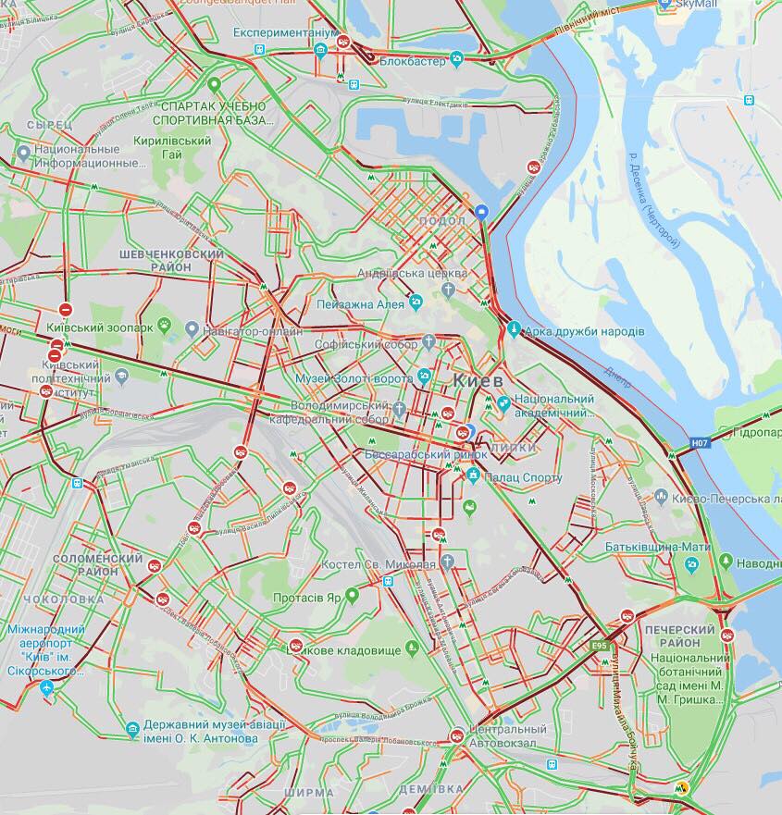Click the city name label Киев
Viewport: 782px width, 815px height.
click(x=478, y=380)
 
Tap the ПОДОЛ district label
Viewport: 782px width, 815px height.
click(x=442, y=221)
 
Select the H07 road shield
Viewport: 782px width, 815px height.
click(x=701, y=445)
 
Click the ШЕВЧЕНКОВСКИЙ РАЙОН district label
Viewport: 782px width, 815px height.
click(x=172, y=260)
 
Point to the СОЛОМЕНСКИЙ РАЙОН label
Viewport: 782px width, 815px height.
click(x=98, y=564)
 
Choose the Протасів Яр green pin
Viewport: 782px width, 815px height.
click(x=352, y=593)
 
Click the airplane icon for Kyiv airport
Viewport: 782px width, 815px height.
click(x=47, y=688)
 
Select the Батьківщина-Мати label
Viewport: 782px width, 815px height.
click(x=657, y=547)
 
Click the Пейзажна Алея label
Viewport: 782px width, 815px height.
click(x=360, y=303)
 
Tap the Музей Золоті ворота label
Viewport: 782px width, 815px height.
click(x=354, y=378)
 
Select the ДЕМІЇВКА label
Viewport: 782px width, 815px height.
click(x=431, y=789)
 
